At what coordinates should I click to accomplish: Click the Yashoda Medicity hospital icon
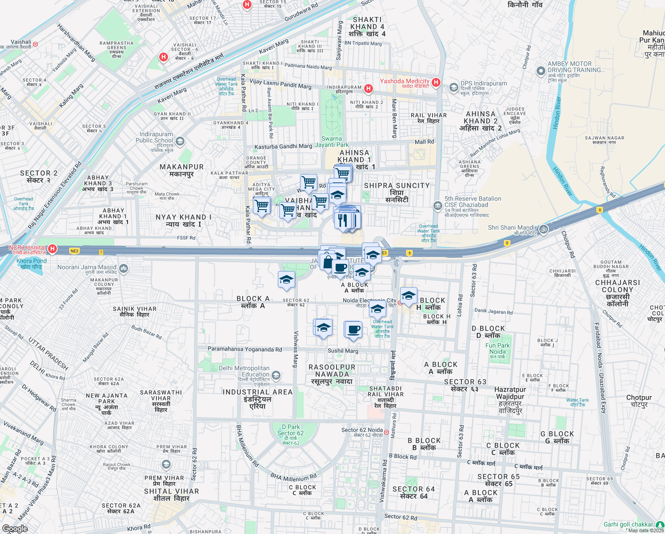pos(436,82)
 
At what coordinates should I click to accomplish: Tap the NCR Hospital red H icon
pos(52,249)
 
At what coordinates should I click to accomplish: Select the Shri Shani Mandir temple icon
pos(544,229)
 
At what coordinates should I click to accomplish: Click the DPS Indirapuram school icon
pos(453,87)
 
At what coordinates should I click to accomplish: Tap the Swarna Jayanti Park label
pos(332,142)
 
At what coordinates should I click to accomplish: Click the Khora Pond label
pos(31,263)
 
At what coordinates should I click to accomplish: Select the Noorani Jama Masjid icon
pos(124,268)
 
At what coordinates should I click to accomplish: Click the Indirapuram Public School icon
pos(180,142)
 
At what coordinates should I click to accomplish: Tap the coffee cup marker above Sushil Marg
pos(353,330)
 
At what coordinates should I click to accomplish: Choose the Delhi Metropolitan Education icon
pos(276,376)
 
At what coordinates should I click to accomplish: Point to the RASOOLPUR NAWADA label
pos(332,374)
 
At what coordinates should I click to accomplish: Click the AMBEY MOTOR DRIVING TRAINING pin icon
pos(541,71)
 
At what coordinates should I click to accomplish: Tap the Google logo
pos(15,528)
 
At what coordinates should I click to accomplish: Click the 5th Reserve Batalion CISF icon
pos(438,206)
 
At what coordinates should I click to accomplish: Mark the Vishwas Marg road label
pos(295,349)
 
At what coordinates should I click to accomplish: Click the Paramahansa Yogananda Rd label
pos(245,349)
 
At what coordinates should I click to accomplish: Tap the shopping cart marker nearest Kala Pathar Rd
pos(262,206)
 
